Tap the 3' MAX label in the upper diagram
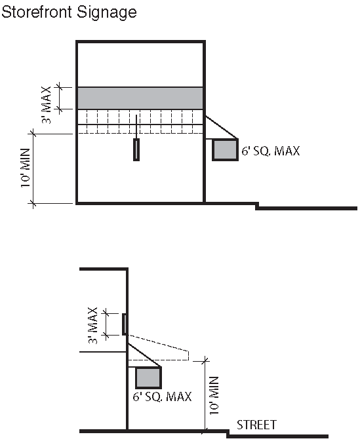[x=47, y=105]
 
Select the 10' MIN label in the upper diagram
[x=26, y=168]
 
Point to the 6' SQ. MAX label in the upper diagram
[x=271, y=151]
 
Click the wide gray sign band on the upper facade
[x=140, y=98]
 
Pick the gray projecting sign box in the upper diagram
[x=225, y=149]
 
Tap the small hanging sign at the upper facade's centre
[x=136, y=149]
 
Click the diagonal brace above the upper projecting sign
[x=222, y=127]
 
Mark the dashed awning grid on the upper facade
[x=140, y=121]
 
